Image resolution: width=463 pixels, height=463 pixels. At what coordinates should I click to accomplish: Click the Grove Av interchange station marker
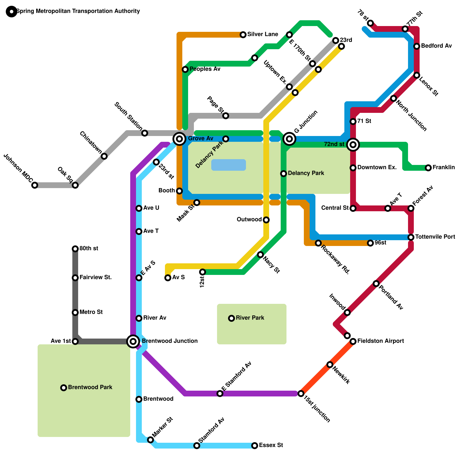click(179, 139)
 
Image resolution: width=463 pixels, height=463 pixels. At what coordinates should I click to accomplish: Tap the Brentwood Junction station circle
click(133, 341)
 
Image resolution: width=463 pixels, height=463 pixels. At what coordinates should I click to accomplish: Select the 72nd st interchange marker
click(353, 144)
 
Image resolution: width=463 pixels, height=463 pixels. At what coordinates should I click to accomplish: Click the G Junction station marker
click(289, 139)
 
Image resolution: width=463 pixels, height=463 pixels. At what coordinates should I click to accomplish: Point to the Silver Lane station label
click(262, 34)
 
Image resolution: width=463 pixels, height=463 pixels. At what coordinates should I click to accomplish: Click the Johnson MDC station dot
click(35, 185)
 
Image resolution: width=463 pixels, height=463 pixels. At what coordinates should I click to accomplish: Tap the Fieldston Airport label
click(380, 341)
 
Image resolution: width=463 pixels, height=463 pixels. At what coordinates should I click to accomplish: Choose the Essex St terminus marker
click(255, 446)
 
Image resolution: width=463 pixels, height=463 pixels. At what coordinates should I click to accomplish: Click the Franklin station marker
click(428, 168)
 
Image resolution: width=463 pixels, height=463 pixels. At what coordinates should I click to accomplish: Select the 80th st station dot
click(75, 249)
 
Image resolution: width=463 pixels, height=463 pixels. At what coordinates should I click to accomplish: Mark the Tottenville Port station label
click(435, 237)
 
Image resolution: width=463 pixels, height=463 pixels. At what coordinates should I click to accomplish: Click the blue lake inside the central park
click(229, 165)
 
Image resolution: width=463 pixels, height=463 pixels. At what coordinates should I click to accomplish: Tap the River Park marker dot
click(231, 318)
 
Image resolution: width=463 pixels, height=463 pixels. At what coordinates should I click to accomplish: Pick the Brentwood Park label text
click(90, 387)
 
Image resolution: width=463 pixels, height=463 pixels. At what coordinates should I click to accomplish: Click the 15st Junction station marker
click(301, 394)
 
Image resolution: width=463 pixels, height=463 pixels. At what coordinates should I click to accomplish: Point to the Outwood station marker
click(266, 220)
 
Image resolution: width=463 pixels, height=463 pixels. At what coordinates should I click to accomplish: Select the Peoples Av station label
click(205, 69)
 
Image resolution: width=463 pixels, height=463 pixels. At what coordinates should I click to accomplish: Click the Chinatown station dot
click(104, 156)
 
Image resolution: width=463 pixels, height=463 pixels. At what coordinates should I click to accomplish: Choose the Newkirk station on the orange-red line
click(330, 365)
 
